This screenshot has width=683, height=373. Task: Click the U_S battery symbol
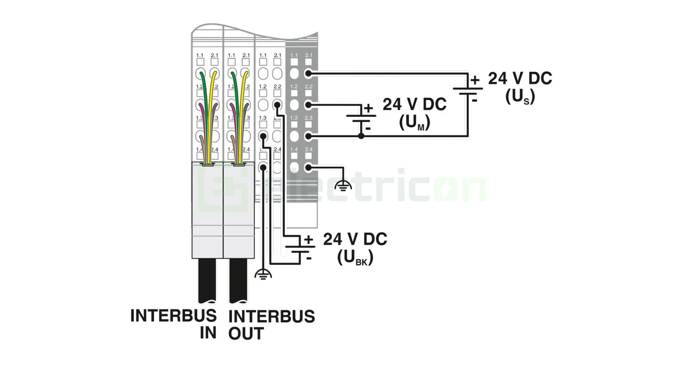[468, 91]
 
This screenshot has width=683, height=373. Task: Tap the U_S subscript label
[520, 96]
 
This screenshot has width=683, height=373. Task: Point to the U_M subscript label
[414, 122]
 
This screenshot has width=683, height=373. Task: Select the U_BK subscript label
[355, 257]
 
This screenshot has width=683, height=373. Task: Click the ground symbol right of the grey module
[343, 185]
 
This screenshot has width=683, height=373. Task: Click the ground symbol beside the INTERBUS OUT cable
[263, 274]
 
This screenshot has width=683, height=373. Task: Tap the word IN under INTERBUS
[208, 333]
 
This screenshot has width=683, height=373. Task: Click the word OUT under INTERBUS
[246, 333]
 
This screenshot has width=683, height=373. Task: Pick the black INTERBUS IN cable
[207, 280]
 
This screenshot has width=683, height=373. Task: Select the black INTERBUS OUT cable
[238, 280]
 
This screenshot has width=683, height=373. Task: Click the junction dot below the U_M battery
[361, 136]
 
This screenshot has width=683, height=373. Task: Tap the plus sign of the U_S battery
[475, 81]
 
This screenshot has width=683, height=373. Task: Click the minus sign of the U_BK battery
[309, 258]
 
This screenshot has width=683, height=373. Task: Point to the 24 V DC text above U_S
[520, 78]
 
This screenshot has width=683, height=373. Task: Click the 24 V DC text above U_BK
[355, 239]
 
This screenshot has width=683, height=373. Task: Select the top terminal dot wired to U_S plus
[308, 73]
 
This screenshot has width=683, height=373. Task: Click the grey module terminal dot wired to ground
[308, 167]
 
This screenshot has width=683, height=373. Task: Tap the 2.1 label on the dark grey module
[309, 55]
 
